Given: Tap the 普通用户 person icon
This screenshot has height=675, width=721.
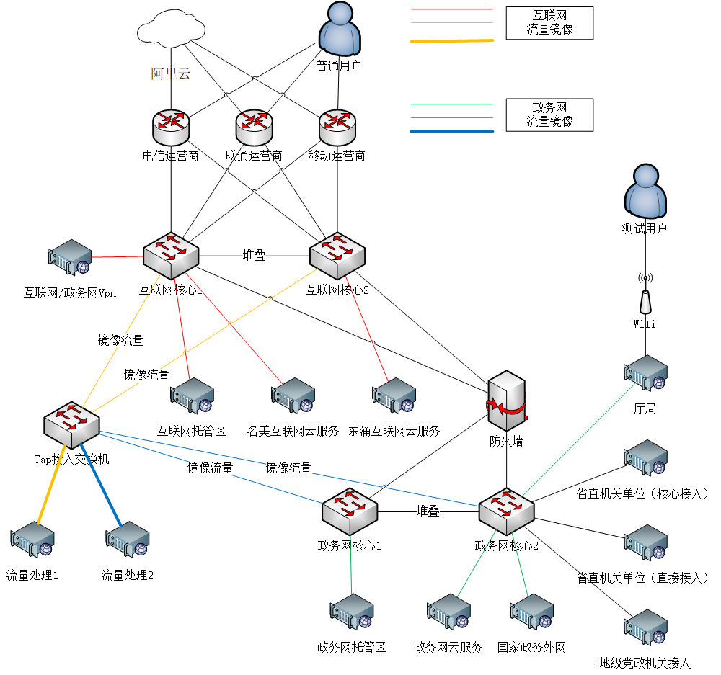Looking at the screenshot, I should (x=339, y=30).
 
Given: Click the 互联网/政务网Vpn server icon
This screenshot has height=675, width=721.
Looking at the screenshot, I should (x=70, y=257).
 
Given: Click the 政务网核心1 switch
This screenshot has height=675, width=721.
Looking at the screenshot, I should (x=350, y=511).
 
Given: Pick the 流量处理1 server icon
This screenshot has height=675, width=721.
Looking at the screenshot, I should (x=32, y=540).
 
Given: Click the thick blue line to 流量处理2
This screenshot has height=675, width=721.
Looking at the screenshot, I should (x=101, y=490).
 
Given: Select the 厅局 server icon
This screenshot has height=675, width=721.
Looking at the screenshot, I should (x=645, y=373).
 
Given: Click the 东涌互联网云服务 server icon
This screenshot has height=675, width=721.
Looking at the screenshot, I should (x=394, y=396).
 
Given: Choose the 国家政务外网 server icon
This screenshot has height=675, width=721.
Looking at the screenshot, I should (x=531, y=612).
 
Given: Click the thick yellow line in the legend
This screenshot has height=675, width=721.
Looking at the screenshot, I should (x=452, y=41).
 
